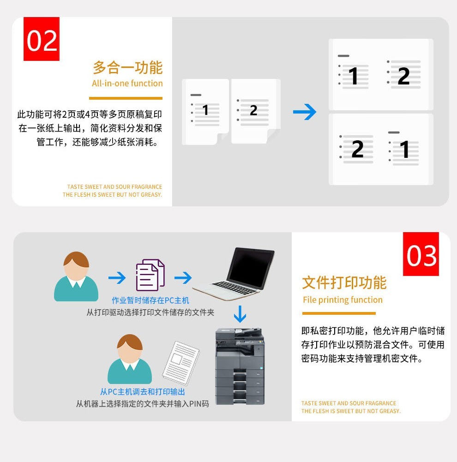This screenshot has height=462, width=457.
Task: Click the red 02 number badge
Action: click(x=42, y=39)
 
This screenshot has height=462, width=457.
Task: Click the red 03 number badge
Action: click(x=421, y=254)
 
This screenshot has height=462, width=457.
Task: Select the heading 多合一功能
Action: click(x=127, y=67)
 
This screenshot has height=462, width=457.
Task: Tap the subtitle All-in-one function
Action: click(x=127, y=84)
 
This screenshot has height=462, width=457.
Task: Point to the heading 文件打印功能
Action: click(x=344, y=282)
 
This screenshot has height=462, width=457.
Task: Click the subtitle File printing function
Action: click(x=343, y=300)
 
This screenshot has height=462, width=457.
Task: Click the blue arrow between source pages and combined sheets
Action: click(x=305, y=112)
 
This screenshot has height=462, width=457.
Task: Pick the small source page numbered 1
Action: click(x=205, y=112)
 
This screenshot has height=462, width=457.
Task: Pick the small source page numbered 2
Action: click(x=256, y=111)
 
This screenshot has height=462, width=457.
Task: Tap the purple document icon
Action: click(x=150, y=275)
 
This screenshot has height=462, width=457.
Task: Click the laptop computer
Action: click(x=234, y=274)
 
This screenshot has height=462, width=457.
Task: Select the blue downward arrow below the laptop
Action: click(x=240, y=314)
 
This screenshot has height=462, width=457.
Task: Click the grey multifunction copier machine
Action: click(x=240, y=366)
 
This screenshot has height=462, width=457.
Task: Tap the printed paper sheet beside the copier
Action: click(x=181, y=363)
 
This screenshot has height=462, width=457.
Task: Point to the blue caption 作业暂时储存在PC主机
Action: click(x=150, y=300)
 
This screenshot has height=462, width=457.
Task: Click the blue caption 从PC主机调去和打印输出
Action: click(x=143, y=391)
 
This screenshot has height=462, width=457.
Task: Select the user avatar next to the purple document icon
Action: click(x=76, y=276)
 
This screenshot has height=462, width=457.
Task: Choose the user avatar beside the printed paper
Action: click(x=130, y=359)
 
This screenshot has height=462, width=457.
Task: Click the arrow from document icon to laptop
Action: click(x=183, y=278)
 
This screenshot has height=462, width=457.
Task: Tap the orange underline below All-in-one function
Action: click(x=126, y=98)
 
